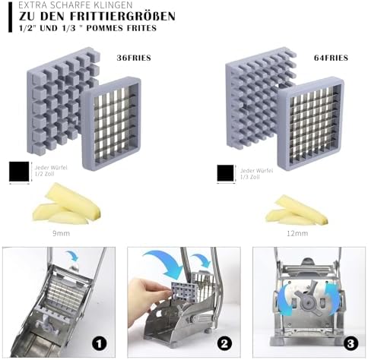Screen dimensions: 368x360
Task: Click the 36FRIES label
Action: [134, 58]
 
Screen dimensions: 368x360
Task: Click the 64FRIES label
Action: [331, 58]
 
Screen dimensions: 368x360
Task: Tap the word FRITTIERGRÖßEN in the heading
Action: [122, 16]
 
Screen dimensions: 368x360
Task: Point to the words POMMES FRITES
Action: [122, 28]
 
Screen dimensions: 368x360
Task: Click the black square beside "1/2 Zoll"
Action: [19, 172]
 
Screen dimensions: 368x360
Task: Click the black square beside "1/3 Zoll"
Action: [225, 173]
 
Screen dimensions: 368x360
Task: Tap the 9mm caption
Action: [61, 233]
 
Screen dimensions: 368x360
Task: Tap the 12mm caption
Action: [297, 233]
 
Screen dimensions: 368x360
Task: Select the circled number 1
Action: [100, 343]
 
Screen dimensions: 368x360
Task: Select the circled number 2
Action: [224, 343]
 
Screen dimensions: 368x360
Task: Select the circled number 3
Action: [351, 343]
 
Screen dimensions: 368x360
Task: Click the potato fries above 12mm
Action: [297, 210]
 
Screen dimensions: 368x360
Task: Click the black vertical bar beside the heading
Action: [10, 17]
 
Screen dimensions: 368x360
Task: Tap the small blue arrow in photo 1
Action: [73, 256]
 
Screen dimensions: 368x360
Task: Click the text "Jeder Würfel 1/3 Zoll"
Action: [256, 174]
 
